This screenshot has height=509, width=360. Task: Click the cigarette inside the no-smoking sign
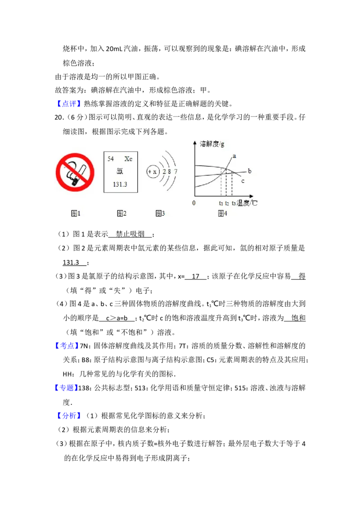click(x=74, y=174)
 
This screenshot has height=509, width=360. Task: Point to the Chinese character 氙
click(x=120, y=171)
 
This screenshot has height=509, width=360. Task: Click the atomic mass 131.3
click(x=120, y=184)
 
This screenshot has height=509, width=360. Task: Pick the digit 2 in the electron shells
click(x=164, y=172)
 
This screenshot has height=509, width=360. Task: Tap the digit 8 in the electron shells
click(x=170, y=172)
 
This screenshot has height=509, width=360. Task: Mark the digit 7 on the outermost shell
click(x=175, y=172)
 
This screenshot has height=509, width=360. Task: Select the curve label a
click(x=234, y=156)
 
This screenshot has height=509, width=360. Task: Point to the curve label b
click(x=249, y=171)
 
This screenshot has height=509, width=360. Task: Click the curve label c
click(x=243, y=181)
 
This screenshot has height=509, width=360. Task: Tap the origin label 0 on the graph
click(x=194, y=203)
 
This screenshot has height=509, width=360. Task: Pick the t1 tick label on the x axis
click(x=220, y=203)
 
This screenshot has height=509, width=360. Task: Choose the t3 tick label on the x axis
click(x=234, y=203)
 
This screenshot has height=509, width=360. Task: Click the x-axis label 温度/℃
click(x=247, y=203)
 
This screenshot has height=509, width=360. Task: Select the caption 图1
click(x=75, y=213)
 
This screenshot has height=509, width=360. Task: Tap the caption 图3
click(x=160, y=213)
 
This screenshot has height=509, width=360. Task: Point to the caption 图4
click(x=222, y=213)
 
